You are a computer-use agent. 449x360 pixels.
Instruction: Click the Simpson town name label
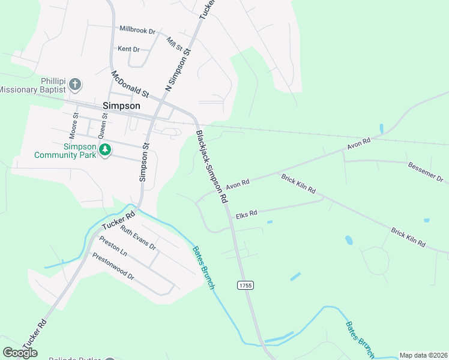pos(121,106)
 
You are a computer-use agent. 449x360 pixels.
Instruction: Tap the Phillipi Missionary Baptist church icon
pos(75,84)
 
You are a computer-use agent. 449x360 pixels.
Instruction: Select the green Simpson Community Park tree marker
pos(105,149)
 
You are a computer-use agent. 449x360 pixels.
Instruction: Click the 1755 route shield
pos(245,285)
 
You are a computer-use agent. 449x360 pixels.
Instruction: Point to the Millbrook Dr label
pos(137,29)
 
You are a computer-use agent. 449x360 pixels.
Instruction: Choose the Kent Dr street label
pos(128,49)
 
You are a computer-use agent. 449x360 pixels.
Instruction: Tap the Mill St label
pos(174,44)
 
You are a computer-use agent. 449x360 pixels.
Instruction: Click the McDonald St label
pos(130,85)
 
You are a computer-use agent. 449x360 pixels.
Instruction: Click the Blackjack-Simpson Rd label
pos(211,166)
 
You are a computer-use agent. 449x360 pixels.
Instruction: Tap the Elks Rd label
pos(246,214)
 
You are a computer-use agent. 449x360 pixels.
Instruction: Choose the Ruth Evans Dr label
pos(138,238)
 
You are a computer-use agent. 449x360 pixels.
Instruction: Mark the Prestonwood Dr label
pos(113,266)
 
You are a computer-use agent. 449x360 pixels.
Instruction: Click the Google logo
pos(20,352)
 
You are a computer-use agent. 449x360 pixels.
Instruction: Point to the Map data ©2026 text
pos(423,355)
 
